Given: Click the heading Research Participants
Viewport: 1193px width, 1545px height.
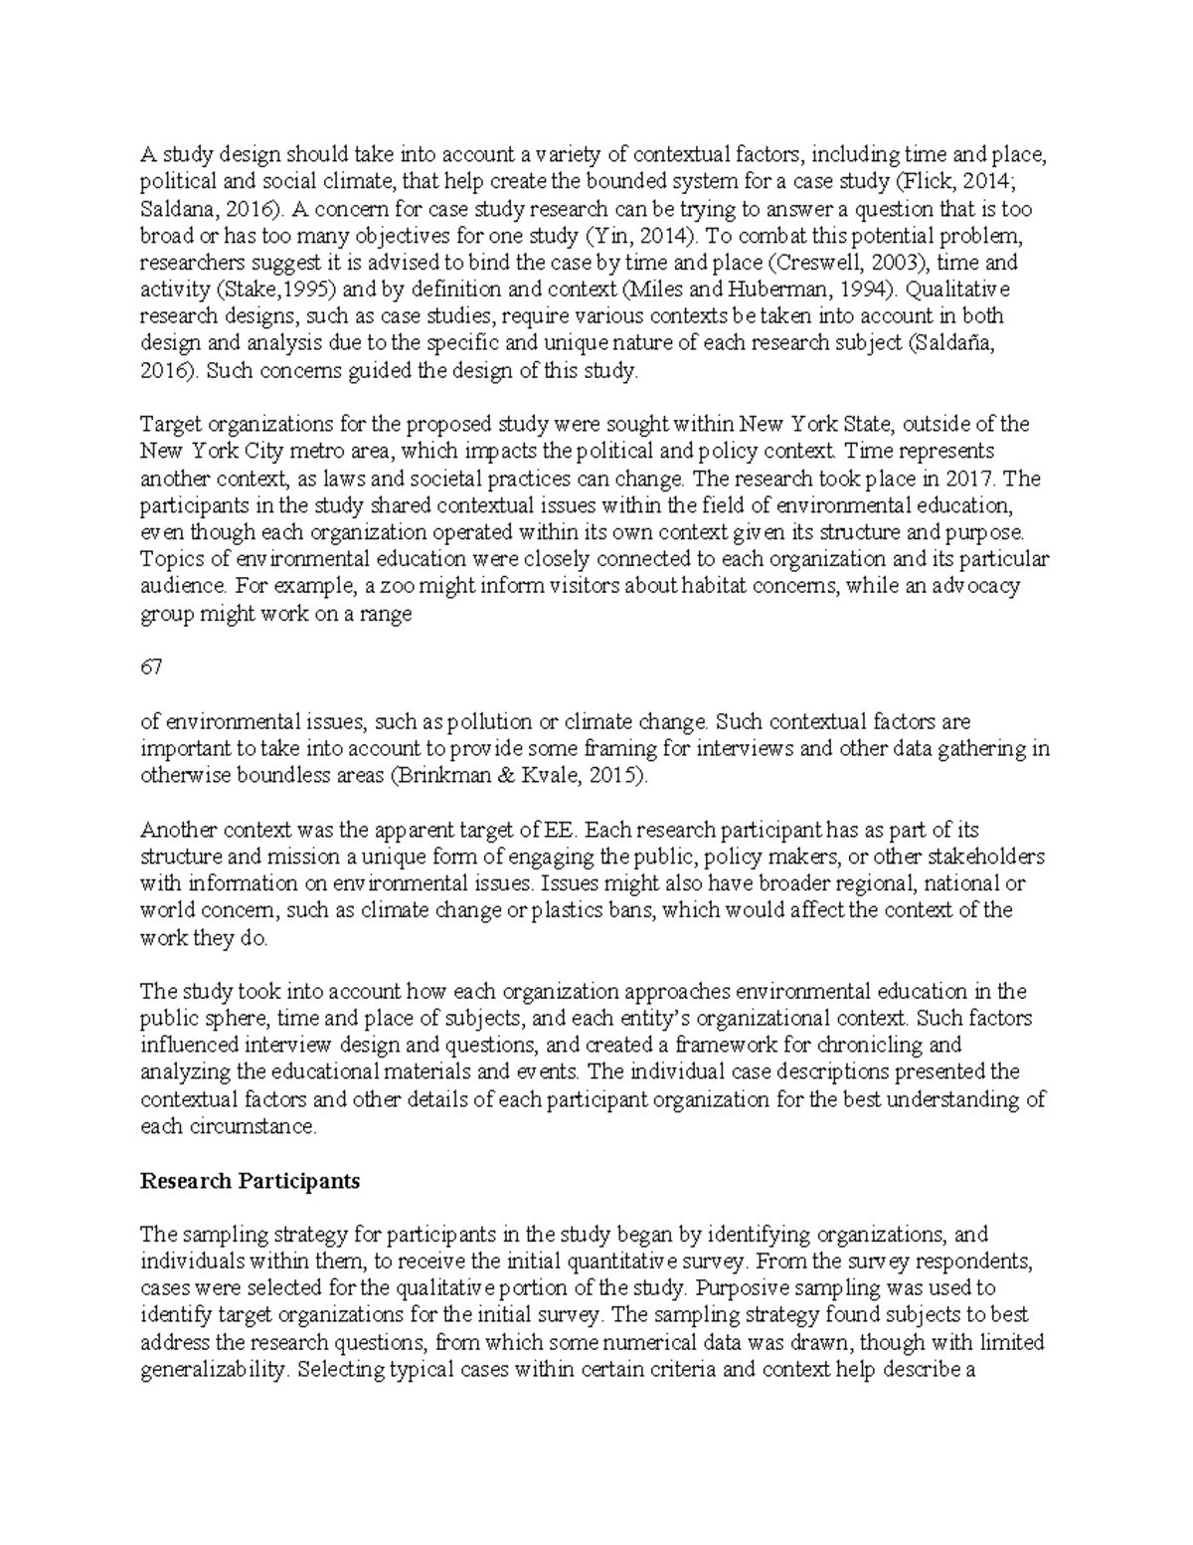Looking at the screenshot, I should [x=250, y=1181].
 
